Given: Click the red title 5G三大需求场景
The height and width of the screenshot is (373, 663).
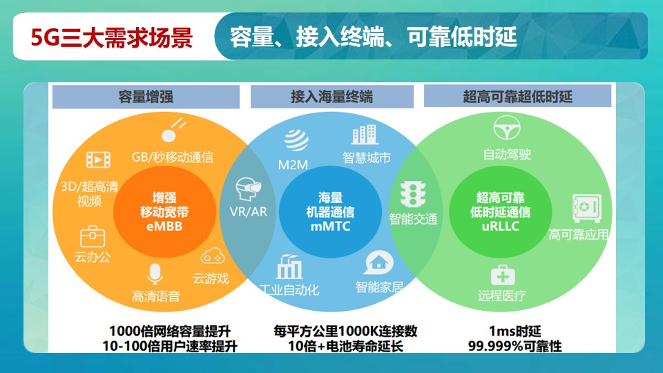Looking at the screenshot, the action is (x=112, y=37).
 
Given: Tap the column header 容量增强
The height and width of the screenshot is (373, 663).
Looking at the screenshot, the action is (x=146, y=97).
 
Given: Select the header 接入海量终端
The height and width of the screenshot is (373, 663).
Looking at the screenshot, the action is (x=332, y=97).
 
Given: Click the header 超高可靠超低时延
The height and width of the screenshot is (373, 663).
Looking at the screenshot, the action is (x=517, y=97).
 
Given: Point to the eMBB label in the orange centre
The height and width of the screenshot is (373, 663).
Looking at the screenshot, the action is (x=164, y=227).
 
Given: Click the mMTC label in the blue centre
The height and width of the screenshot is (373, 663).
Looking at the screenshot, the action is (x=331, y=227).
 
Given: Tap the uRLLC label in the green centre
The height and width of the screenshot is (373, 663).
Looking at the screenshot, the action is (x=500, y=227).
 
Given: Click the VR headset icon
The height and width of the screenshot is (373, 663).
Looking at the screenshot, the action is (x=248, y=189).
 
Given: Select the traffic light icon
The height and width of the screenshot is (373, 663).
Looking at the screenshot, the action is (x=413, y=195).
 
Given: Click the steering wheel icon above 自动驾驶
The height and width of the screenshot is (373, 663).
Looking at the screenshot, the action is (x=507, y=128).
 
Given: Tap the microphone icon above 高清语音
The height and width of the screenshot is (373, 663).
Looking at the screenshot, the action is (x=155, y=274).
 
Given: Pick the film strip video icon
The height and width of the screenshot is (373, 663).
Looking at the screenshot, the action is (x=98, y=160).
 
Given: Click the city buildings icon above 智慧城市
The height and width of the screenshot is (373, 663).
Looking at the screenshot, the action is (x=365, y=135).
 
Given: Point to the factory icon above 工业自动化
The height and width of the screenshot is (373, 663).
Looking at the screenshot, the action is (x=289, y=267).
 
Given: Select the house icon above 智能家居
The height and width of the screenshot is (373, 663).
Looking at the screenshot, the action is (x=378, y=262).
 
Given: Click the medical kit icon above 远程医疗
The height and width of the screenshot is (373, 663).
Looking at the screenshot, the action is (x=503, y=276).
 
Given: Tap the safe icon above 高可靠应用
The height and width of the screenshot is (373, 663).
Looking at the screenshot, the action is (x=587, y=209).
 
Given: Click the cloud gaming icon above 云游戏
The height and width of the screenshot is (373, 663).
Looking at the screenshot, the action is (x=212, y=256).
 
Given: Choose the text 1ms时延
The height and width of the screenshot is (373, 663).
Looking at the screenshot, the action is (x=515, y=331).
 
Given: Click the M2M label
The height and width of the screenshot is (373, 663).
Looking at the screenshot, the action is (x=293, y=165).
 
